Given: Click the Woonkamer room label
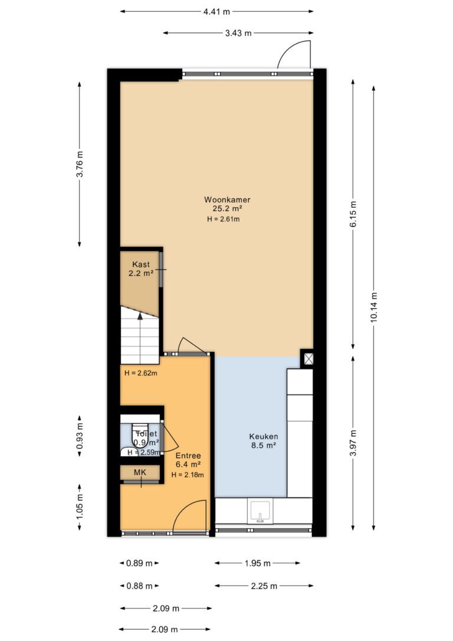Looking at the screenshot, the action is (227, 200).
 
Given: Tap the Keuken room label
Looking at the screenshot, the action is (264, 437).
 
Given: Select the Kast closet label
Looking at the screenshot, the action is (141, 264).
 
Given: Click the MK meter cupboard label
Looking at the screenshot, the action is (140, 473).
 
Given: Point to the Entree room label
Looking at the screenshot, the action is (188, 456).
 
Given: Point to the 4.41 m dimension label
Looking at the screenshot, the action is (217, 11).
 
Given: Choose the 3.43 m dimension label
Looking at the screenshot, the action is (238, 33).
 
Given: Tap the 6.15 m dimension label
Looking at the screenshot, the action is (353, 214).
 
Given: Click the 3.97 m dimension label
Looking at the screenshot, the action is (353, 443).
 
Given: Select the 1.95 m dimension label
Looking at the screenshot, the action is (257, 563).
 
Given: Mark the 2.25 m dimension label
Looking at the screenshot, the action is (264, 586).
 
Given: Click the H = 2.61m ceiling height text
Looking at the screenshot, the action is (223, 219).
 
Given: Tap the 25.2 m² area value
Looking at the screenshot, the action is (227, 208).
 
